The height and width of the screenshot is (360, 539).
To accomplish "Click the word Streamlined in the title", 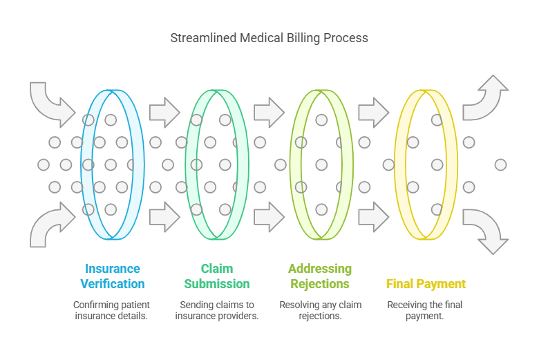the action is click(x=203, y=38).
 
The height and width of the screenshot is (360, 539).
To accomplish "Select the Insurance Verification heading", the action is click(x=113, y=276).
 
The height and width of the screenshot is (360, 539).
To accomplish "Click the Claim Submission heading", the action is click(x=217, y=276).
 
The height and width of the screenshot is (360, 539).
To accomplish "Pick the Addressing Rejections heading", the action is click(x=320, y=276).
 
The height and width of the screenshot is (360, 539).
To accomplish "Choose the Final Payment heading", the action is click(x=426, y=284).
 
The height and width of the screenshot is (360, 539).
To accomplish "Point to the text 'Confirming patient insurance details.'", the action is click(x=111, y=310).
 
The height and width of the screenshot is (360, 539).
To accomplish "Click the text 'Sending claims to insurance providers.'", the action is click(x=217, y=310).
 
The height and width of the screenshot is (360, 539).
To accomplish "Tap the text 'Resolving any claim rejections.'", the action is click(x=321, y=310).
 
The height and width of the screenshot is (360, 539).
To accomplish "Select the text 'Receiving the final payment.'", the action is click(x=425, y=310).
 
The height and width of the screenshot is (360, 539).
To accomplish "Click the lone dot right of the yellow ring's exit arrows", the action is click(x=500, y=164).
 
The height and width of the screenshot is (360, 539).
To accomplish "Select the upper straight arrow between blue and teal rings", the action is click(x=164, y=113).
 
